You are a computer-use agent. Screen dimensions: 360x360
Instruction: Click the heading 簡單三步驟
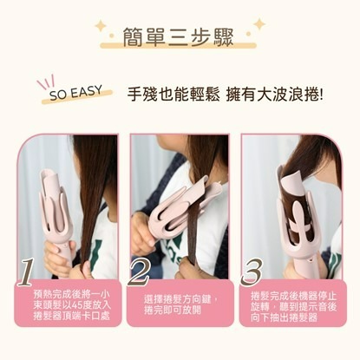pos(178,37)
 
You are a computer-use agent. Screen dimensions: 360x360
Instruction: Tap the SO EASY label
pos(76,93)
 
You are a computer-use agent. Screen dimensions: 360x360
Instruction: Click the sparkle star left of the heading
pos(101,26)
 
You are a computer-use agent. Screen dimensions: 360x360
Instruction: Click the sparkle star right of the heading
pos(259,23)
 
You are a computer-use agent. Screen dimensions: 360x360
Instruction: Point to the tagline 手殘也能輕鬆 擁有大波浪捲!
pos(225,95)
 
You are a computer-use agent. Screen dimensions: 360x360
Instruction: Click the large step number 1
pos(27,272)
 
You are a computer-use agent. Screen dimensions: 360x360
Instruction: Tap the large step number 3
pos(252,272)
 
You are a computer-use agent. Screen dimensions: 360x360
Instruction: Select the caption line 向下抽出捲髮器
pos(284,317)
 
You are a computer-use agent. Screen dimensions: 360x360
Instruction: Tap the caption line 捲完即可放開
pos(173,311)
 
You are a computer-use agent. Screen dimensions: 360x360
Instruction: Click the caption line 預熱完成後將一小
pos(72,295)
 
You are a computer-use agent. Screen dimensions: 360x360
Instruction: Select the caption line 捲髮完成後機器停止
pos(293,296)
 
